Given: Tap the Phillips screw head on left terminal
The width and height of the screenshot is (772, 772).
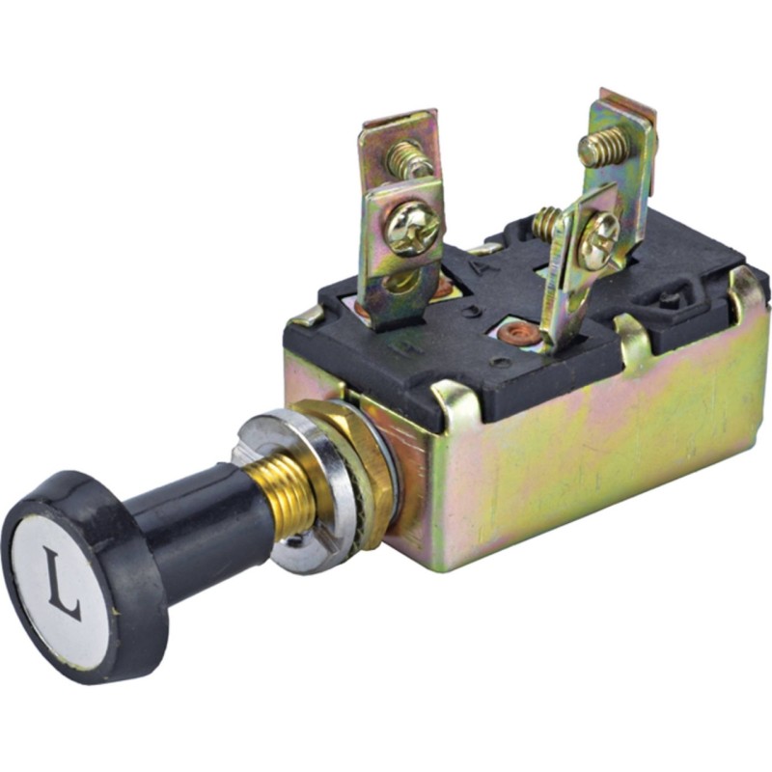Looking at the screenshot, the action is [413, 231].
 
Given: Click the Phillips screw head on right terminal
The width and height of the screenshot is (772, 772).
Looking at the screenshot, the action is [598, 235].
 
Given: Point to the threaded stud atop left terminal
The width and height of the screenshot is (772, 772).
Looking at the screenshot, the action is [408, 158].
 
